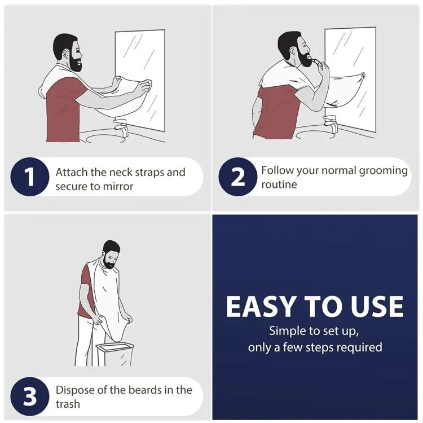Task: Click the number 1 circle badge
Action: (30, 177)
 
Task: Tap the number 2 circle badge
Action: (238, 177)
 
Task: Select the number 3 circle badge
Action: (30, 396)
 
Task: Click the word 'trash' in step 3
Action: (68, 404)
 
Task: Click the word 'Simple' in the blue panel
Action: (288, 331)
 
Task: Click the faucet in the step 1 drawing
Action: (120, 125)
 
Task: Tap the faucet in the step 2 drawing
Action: (331, 123)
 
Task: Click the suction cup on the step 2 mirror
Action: (363, 75)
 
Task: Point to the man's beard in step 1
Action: (76, 64)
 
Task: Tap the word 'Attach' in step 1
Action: (72, 173)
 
